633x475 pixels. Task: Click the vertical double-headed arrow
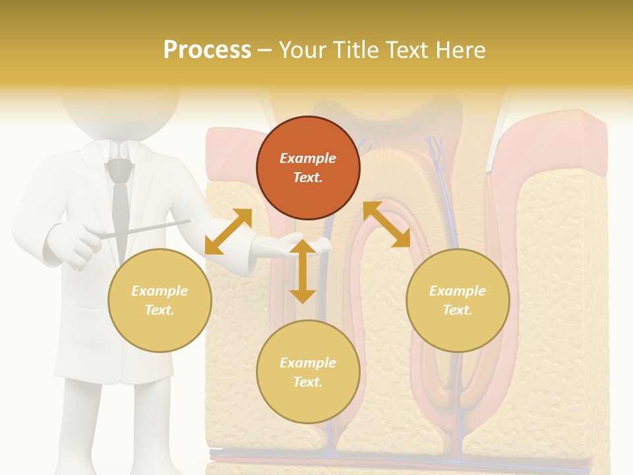[303, 271]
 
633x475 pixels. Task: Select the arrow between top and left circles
[228, 232]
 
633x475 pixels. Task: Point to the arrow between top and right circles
[386, 224]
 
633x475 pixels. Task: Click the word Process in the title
[207, 50]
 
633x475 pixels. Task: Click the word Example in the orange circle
[308, 158]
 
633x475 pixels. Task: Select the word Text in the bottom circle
[308, 382]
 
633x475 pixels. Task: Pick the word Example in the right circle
[458, 291]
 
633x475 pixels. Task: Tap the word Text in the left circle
[160, 310]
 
